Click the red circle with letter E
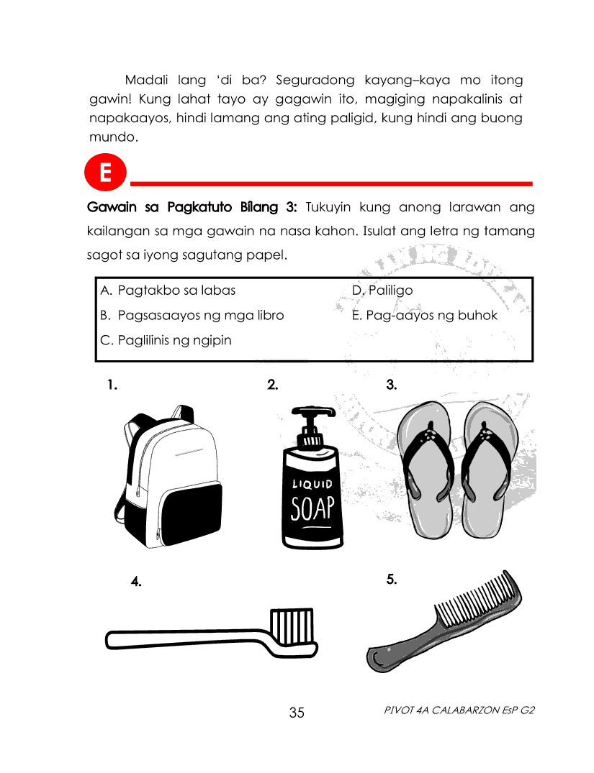pyautogui.click(x=105, y=174)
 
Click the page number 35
pyautogui.click(x=297, y=713)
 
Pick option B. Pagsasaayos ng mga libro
pyautogui.click(x=192, y=315)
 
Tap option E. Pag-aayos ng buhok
pyautogui.click(x=424, y=315)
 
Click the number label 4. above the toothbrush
pyautogui.click(x=136, y=581)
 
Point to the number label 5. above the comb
pyautogui.click(x=392, y=578)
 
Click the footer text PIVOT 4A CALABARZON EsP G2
pyautogui.click(x=460, y=710)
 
